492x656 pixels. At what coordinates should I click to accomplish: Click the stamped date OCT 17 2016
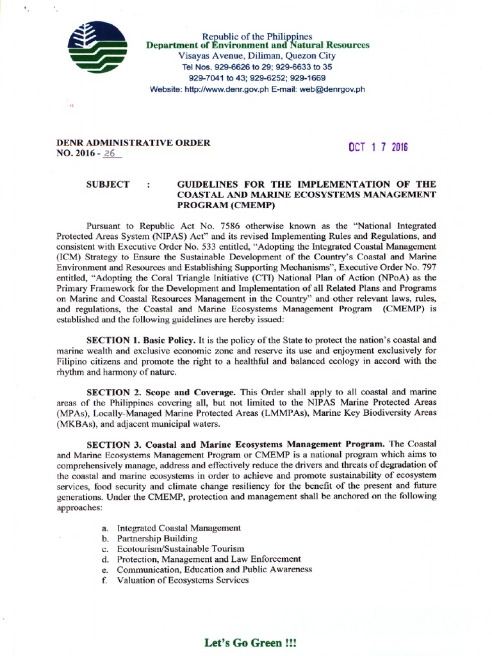tap(378, 148)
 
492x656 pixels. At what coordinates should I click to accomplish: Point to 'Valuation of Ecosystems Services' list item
tap(183, 580)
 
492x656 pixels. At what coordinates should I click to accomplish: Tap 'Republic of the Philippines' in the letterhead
tap(247, 36)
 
